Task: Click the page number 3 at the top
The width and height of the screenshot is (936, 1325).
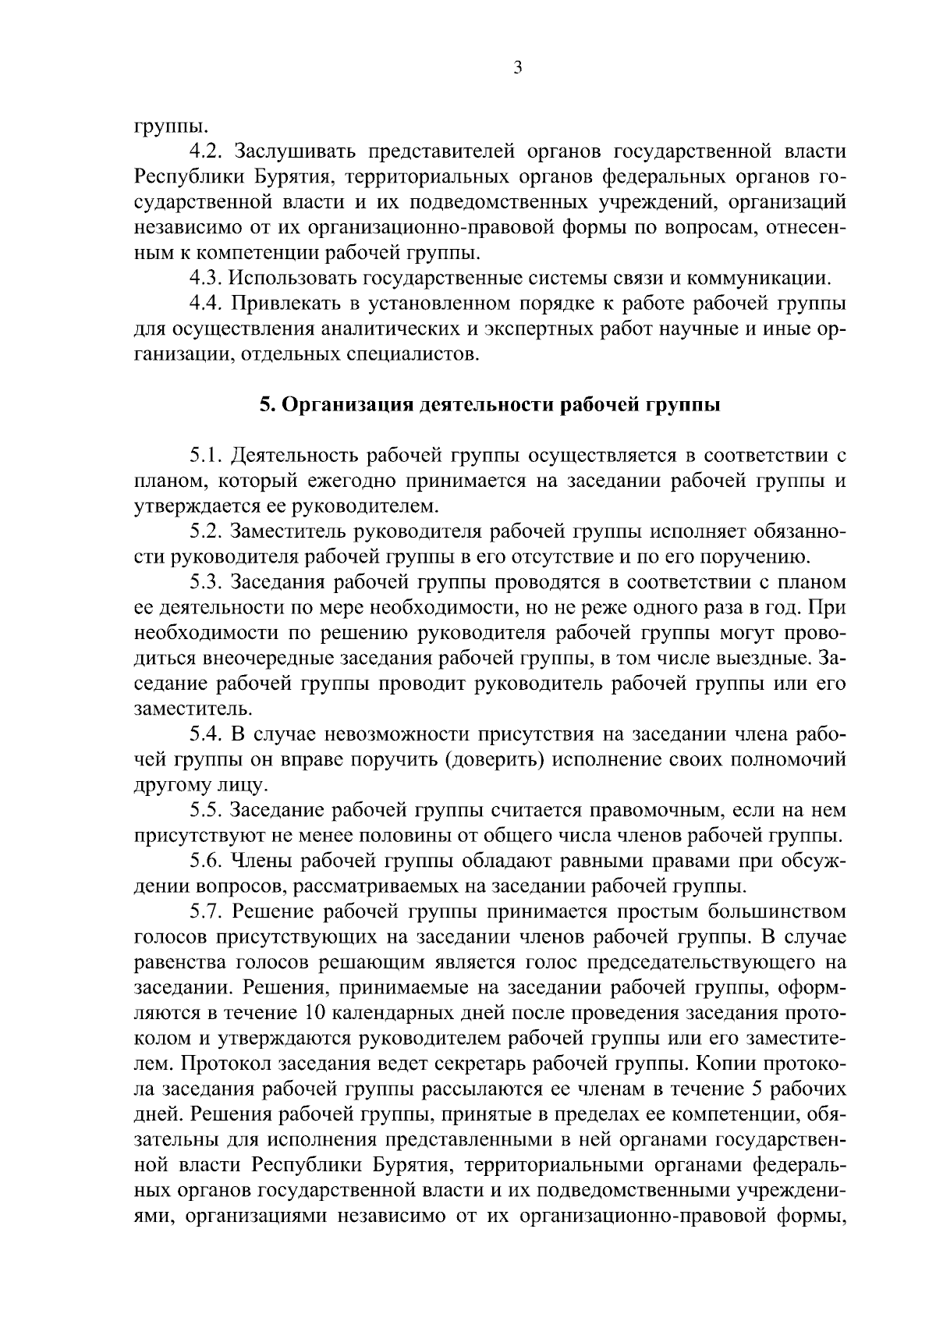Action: click(x=517, y=68)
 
